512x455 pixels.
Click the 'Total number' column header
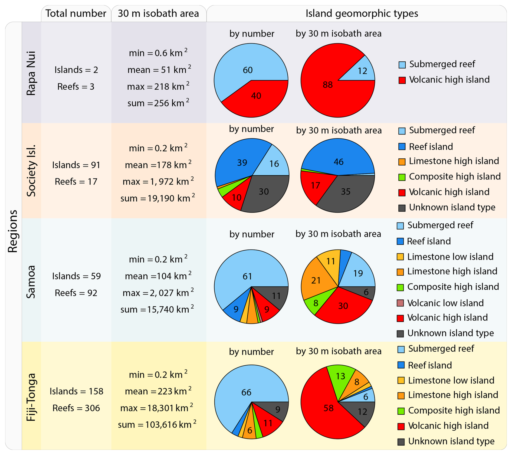pos(76,14)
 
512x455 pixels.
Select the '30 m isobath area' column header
pos(158,14)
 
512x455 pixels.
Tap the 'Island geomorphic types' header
pos(362,14)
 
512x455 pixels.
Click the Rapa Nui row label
pos(31,73)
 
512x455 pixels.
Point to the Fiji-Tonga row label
pos(31,397)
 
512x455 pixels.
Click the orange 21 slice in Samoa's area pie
pos(315,280)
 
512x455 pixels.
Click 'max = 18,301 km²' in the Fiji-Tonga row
pos(157,408)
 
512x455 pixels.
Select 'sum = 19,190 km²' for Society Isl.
pos(157,198)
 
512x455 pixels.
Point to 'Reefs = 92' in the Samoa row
pos(76,293)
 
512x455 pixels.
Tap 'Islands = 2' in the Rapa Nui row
pos(76,70)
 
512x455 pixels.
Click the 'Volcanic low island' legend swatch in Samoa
pos(400,303)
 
